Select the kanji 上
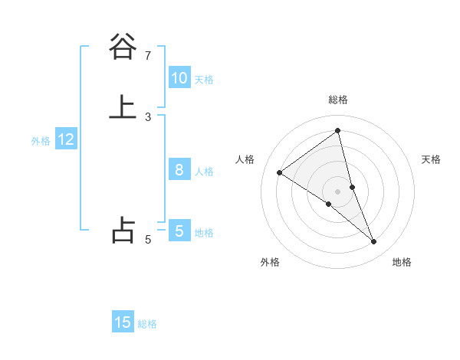tap(123, 107)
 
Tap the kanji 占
tap(123, 230)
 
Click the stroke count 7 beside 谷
tap(148, 55)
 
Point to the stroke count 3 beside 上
tap(148, 117)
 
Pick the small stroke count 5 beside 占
tap(148, 240)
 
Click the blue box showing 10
tap(179, 78)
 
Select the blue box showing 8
tap(179, 170)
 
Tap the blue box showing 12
tap(66, 139)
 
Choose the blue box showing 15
tap(123, 322)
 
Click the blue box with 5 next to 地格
tap(179, 231)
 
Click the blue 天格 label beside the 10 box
tap(204, 80)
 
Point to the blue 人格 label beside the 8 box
tap(204, 172)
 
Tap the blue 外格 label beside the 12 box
tap(41, 141)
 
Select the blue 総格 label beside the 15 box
tap(147, 324)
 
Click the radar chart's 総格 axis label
tap(338, 100)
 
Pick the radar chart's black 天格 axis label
tap(431, 159)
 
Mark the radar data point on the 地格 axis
tap(374, 241)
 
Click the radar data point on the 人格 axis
tap(279, 172)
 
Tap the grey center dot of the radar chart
tap(338, 191)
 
